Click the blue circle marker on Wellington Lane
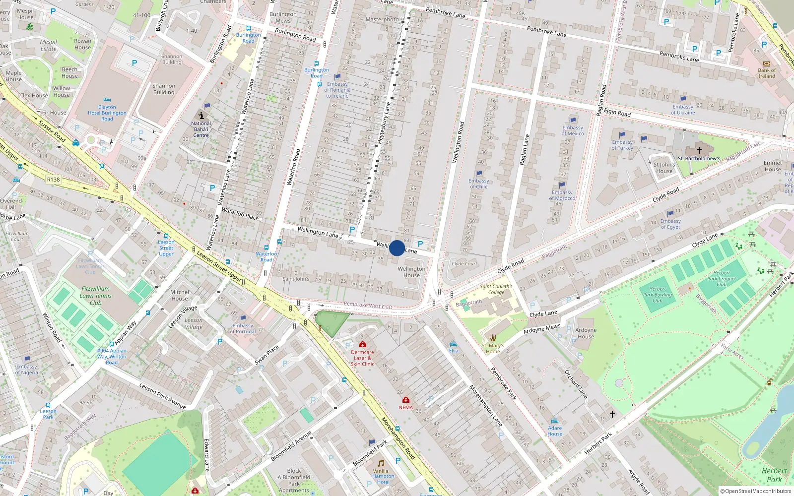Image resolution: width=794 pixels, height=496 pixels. [x=397, y=248]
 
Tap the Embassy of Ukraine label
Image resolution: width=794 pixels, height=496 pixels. [x=683, y=110]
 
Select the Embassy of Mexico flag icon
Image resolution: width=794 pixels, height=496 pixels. [x=573, y=120]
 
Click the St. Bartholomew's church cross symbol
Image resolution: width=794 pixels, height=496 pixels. [x=699, y=150]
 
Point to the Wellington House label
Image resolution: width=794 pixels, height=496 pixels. [x=411, y=272]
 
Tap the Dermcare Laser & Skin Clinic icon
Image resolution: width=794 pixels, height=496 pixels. [x=363, y=344]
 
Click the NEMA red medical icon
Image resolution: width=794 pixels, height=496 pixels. [x=405, y=400]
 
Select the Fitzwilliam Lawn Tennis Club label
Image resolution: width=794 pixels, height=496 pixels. [x=95, y=296]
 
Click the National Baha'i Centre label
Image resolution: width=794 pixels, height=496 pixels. [x=201, y=129]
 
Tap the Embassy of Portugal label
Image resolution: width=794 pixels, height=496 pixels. [x=243, y=329]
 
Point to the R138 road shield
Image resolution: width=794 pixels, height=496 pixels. [x=53, y=180]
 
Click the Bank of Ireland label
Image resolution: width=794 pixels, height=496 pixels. [x=766, y=73]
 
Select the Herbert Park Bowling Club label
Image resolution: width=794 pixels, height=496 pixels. [x=658, y=295]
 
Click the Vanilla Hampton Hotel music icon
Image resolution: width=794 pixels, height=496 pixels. [x=381, y=463]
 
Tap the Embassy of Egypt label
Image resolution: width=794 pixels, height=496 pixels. [x=670, y=224]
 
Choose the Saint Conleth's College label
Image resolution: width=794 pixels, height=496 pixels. [x=496, y=289]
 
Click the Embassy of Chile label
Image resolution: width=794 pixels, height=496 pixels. [x=478, y=184]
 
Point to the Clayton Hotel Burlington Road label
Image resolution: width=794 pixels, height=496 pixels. [x=107, y=113]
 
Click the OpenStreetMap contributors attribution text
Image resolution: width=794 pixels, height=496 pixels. [x=755, y=491]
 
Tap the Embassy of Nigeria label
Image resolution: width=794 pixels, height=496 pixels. [x=26, y=370]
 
